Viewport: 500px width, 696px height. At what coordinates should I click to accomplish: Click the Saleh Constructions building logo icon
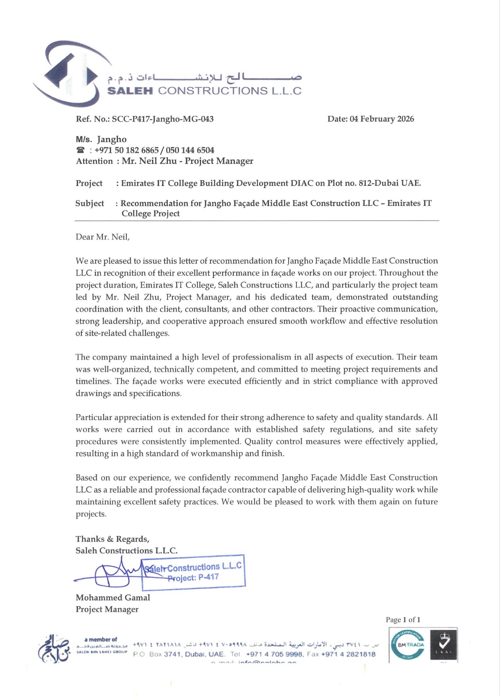68,74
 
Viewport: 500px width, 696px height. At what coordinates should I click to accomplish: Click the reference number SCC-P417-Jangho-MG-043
163,119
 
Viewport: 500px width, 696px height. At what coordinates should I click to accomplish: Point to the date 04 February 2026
381,119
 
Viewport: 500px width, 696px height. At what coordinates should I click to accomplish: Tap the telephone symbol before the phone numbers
81,150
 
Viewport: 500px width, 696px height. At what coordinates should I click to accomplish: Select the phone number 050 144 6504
190,150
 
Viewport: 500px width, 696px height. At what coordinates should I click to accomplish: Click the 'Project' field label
89,183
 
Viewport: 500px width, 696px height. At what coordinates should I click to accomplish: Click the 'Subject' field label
90,203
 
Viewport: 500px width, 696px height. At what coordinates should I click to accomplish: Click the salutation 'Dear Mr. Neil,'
102,237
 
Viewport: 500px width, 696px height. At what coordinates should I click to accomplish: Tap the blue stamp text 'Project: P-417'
193,578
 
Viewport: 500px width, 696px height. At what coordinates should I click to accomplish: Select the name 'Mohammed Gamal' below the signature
113,597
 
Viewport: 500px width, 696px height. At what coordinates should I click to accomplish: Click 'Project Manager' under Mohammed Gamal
107,609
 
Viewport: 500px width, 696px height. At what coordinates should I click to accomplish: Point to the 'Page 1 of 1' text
403,620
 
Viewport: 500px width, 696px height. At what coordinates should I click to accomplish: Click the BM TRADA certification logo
408,645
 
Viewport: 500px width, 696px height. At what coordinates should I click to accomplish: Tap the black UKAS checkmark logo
443,645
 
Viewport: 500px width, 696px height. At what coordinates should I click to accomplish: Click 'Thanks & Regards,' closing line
112,539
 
